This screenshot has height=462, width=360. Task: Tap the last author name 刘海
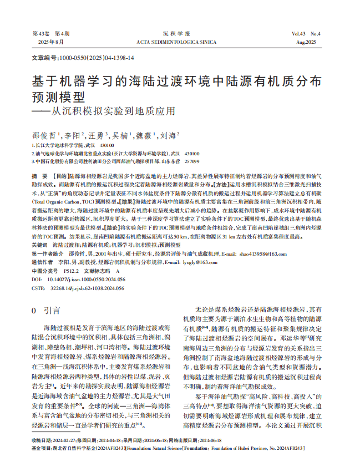(169, 135)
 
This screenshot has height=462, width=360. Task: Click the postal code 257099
(191, 161)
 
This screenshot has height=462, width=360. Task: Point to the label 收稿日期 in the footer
(42, 440)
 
